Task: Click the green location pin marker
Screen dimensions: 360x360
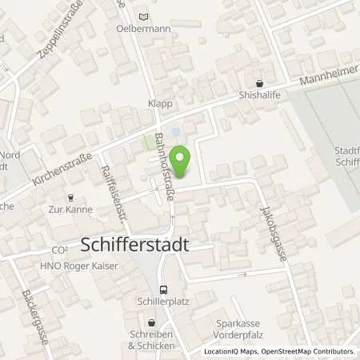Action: (x=182, y=158)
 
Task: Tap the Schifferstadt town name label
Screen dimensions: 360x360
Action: (x=136, y=246)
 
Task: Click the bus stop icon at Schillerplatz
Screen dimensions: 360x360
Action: (x=163, y=290)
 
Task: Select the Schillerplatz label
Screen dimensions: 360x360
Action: (x=163, y=304)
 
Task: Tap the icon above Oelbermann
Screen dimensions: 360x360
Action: (x=143, y=15)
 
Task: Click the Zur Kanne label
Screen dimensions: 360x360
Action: (x=70, y=210)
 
